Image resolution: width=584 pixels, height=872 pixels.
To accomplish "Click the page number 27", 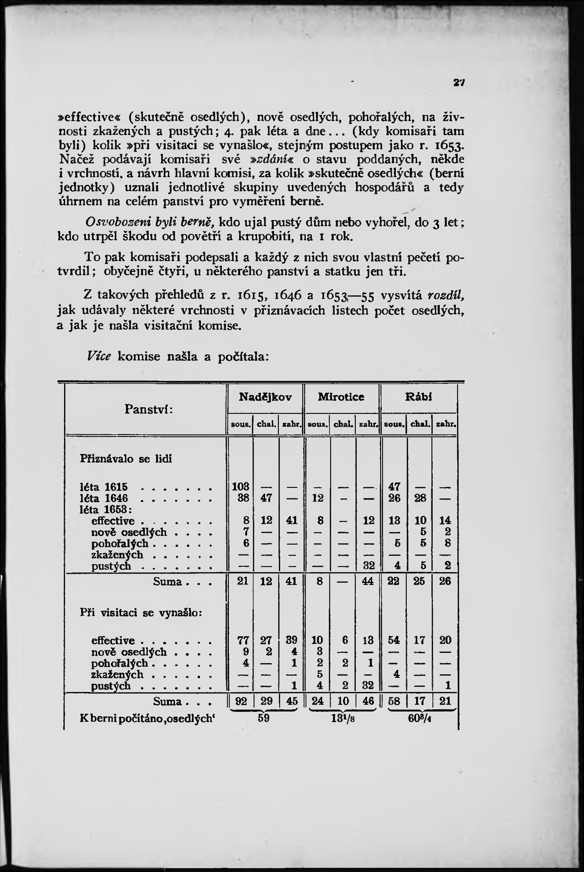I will [x=458, y=83].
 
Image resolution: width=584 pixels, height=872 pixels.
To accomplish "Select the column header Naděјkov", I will [x=265, y=397].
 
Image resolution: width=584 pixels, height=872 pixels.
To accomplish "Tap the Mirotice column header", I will [x=341, y=397].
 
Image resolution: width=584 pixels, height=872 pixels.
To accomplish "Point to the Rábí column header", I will [x=418, y=397].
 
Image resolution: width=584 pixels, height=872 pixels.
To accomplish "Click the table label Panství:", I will [x=148, y=409].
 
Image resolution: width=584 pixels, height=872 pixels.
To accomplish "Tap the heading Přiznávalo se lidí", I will [x=126, y=459].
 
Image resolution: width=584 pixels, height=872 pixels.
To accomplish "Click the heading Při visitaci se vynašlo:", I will [x=141, y=613].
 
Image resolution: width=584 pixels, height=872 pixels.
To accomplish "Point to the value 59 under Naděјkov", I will [x=264, y=718].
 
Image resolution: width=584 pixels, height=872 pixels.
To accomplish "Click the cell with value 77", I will [x=243, y=640].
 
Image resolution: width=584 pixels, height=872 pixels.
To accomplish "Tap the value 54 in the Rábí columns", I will [x=394, y=640].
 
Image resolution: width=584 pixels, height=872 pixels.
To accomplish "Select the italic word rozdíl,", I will [x=446, y=295].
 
